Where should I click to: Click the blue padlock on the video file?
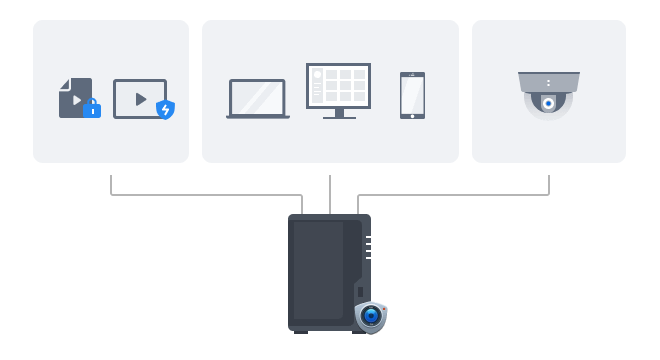[x=92, y=108]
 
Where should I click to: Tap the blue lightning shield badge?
[x=165, y=109]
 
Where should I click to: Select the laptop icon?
[x=258, y=99]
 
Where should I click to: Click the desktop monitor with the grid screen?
[x=338, y=87]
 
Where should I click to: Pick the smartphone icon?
[x=412, y=95]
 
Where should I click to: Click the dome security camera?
[x=548, y=94]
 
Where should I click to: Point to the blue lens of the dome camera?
[x=548, y=102]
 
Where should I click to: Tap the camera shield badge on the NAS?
[x=371, y=316]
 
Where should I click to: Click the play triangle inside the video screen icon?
[x=141, y=99]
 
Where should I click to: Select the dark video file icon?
[x=74, y=97]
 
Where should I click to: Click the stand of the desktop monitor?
[x=339, y=115]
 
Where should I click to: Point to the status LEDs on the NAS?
[x=368, y=247]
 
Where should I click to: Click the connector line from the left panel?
[x=200, y=195]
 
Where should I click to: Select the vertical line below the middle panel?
[x=329, y=194]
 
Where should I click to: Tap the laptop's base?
[x=258, y=117]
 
